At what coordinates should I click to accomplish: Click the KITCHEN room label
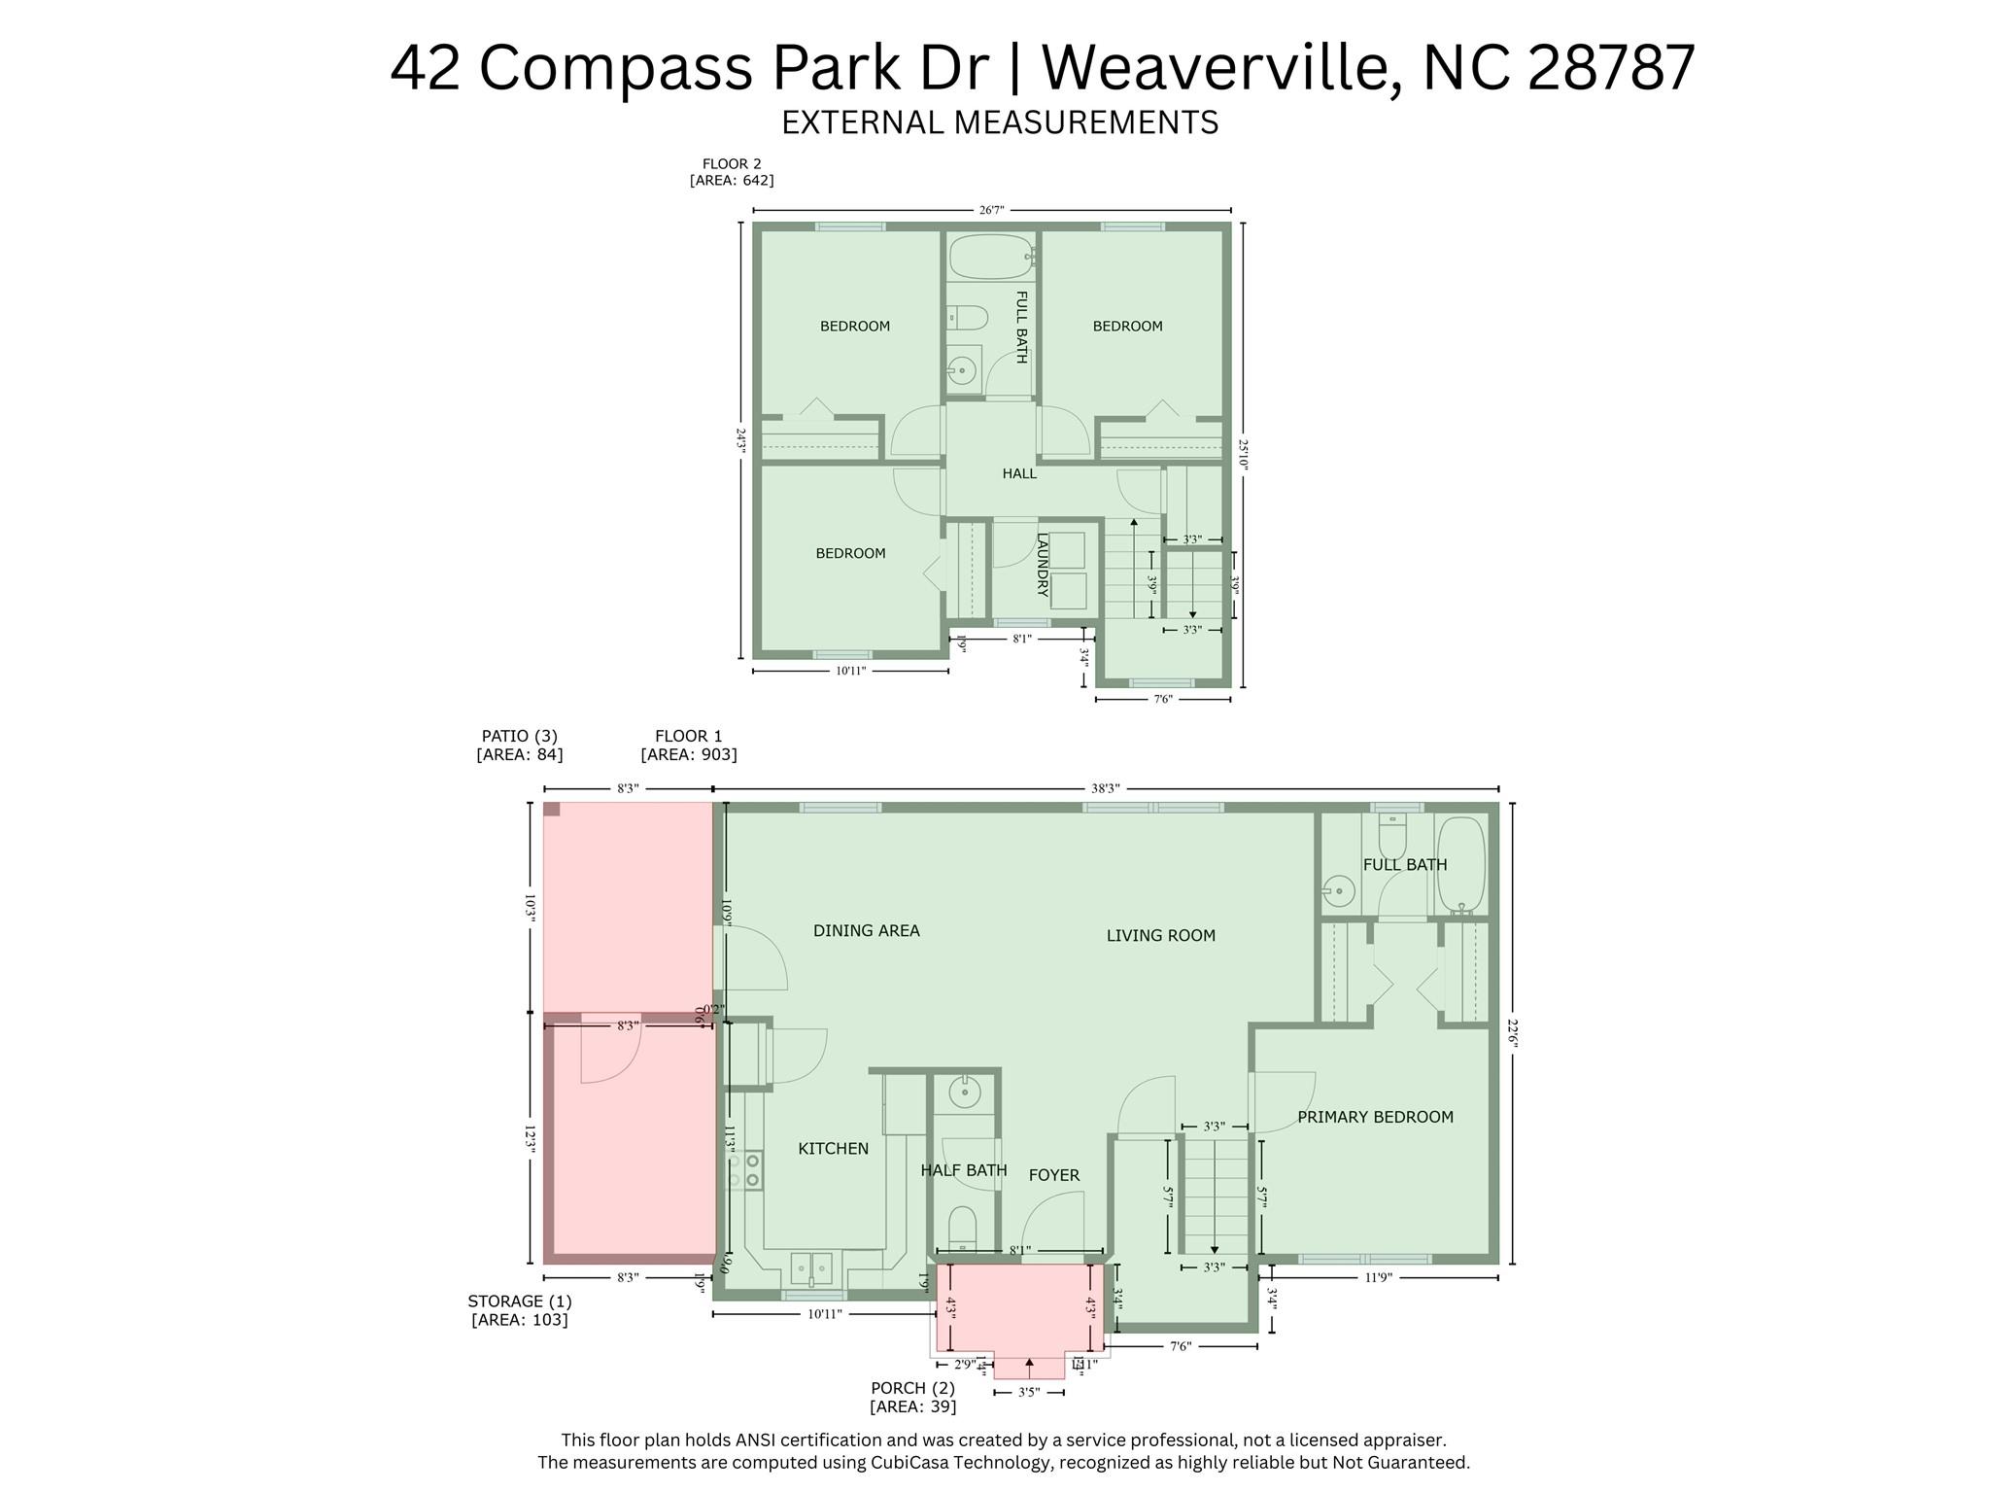click(833, 1149)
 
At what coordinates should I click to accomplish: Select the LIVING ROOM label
click(1160, 936)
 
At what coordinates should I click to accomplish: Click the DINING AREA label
click(866, 931)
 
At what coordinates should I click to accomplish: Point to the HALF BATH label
click(963, 1170)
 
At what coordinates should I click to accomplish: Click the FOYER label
click(1054, 1176)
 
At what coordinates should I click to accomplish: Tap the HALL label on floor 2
click(1019, 473)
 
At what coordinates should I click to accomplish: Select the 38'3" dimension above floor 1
click(1105, 788)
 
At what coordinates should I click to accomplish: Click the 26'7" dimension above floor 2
click(991, 210)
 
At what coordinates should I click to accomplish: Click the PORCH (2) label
click(912, 1388)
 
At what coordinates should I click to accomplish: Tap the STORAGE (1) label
click(519, 1301)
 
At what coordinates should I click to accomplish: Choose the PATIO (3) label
click(519, 736)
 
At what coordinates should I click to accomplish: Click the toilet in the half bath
click(962, 1230)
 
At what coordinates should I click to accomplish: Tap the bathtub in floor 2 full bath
click(990, 257)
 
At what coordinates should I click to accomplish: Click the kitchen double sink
click(810, 1268)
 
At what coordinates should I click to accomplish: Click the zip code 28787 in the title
click(1611, 68)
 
